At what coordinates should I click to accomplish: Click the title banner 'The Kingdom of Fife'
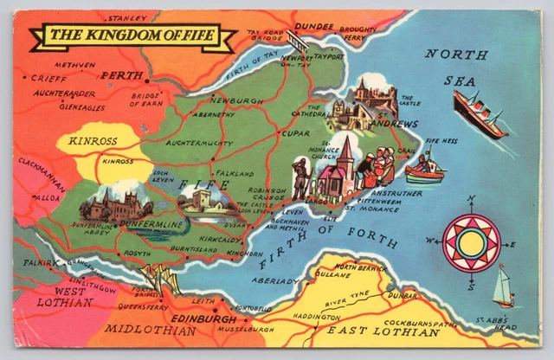click(132, 36)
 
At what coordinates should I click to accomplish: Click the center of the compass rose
click(471, 244)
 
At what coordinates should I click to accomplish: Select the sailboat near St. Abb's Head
click(504, 287)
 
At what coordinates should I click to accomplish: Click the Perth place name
click(120, 76)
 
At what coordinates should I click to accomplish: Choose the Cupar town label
click(289, 134)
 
